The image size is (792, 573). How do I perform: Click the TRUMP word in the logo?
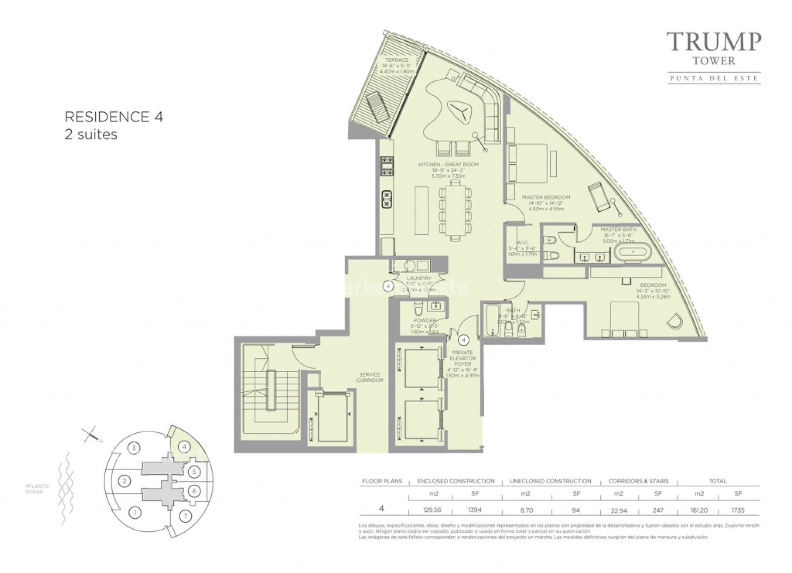pyautogui.click(x=714, y=42)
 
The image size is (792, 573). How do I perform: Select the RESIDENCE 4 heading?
pyautogui.click(x=114, y=117)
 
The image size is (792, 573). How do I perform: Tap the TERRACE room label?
pyautogui.click(x=396, y=60)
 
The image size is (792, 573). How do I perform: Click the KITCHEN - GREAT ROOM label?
pyautogui.click(x=448, y=165)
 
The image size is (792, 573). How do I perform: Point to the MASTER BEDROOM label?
pyautogui.click(x=546, y=198)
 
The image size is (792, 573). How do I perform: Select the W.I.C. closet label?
pyautogui.click(x=522, y=243)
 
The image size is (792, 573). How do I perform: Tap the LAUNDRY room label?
pyautogui.click(x=419, y=278)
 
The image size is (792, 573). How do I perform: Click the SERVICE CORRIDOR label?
pyautogui.click(x=370, y=377)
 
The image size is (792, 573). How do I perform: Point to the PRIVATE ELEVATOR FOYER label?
pyautogui.click(x=462, y=358)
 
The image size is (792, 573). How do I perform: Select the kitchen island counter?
pyautogui.click(x=421, y=210)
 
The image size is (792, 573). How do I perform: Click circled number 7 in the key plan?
pyautogui.click(x=185, y=516)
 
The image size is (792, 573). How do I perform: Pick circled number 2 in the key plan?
pyautogui.click(x=124, y=481)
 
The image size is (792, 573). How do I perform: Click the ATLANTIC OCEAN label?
pyautogui.click(x=37, y=489)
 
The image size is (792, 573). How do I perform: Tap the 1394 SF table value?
pyautogui.click(x=474, y=510)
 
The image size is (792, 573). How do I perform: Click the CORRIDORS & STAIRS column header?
pyautogui.click(x=638, y=481)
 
